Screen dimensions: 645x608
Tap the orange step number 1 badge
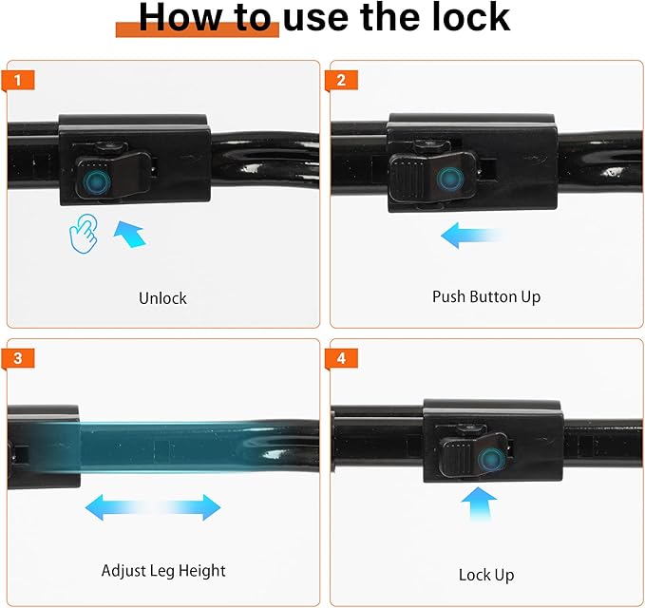click(x=18, y=80)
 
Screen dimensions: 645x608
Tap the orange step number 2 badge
click(x=341, y=80)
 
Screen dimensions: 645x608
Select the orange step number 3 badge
click(x=18, y=358)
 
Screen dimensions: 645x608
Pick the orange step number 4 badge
click(x=341, y=358)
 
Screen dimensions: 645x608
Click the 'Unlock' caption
click(x=162, y=298)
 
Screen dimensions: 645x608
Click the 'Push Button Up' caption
click(x=486, y=297)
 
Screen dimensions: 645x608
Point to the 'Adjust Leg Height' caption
click(x=163, y=571)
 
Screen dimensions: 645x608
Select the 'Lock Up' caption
click(x=486, y=575)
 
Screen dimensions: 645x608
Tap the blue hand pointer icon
click(x=84, y=234)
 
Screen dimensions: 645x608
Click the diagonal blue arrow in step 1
click(x=130, y=234)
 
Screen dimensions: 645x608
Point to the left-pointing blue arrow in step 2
click(x=471, y=236)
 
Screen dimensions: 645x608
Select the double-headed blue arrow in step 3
click(x=153, y=507)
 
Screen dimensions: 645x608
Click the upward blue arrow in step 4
click(x=479, y=504)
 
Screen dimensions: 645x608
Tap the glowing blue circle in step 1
click(x=96, y=181)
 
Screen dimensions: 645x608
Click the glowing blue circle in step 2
click(x=450, y=179)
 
